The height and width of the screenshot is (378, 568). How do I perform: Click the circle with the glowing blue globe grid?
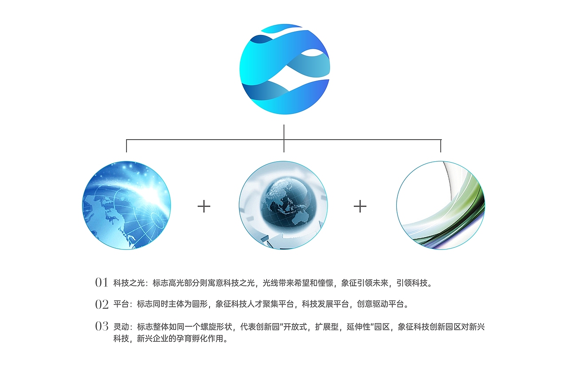coord(126,205)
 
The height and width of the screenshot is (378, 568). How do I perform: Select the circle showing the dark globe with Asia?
coord(283,205)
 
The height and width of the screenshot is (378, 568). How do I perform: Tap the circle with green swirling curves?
coord(441,205)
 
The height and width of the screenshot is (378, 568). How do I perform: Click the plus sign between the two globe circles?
coord(204,206)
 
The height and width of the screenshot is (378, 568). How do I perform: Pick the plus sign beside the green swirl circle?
coord(360,206)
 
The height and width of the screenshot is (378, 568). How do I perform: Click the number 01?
coord(102,282)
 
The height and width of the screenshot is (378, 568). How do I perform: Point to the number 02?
coord(102,304)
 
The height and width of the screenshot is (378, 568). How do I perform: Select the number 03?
coord(102,327)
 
